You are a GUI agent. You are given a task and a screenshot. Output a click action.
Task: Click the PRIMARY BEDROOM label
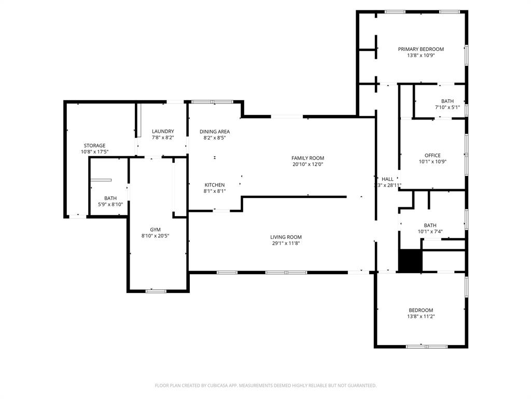point(421,49)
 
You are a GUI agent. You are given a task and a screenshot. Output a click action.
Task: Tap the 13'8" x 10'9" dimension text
point(421,55)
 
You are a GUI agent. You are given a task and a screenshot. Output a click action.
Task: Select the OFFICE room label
point(432,155)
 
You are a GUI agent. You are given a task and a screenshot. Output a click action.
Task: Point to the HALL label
point(387,179)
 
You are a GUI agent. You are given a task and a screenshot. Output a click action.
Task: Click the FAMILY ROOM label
point(308,158)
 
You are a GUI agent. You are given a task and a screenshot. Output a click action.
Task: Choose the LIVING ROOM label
point(286,237)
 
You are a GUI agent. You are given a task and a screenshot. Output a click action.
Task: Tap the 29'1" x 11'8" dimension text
point(286,243)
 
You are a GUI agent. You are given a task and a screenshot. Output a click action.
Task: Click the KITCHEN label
point(215,185)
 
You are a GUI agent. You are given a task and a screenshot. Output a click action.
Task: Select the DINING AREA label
point(215,131)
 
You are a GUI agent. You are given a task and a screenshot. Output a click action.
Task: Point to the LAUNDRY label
point(163,131)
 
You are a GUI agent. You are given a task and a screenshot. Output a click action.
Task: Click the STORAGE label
point(95,145)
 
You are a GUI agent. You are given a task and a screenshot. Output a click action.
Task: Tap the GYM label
point(156,229)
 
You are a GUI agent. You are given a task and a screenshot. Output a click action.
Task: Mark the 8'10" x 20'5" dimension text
point(156,235)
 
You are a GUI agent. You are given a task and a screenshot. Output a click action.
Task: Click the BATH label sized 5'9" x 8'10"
point(110,198)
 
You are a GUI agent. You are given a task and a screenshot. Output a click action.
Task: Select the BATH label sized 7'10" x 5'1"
point(448,101)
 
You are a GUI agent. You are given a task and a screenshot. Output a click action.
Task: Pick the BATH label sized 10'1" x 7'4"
point(430,225)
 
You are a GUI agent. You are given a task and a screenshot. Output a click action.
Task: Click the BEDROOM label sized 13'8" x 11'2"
point(421,310)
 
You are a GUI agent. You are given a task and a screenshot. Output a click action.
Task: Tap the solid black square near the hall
point(410,260)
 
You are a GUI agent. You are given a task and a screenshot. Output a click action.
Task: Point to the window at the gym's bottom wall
point(156,291)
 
